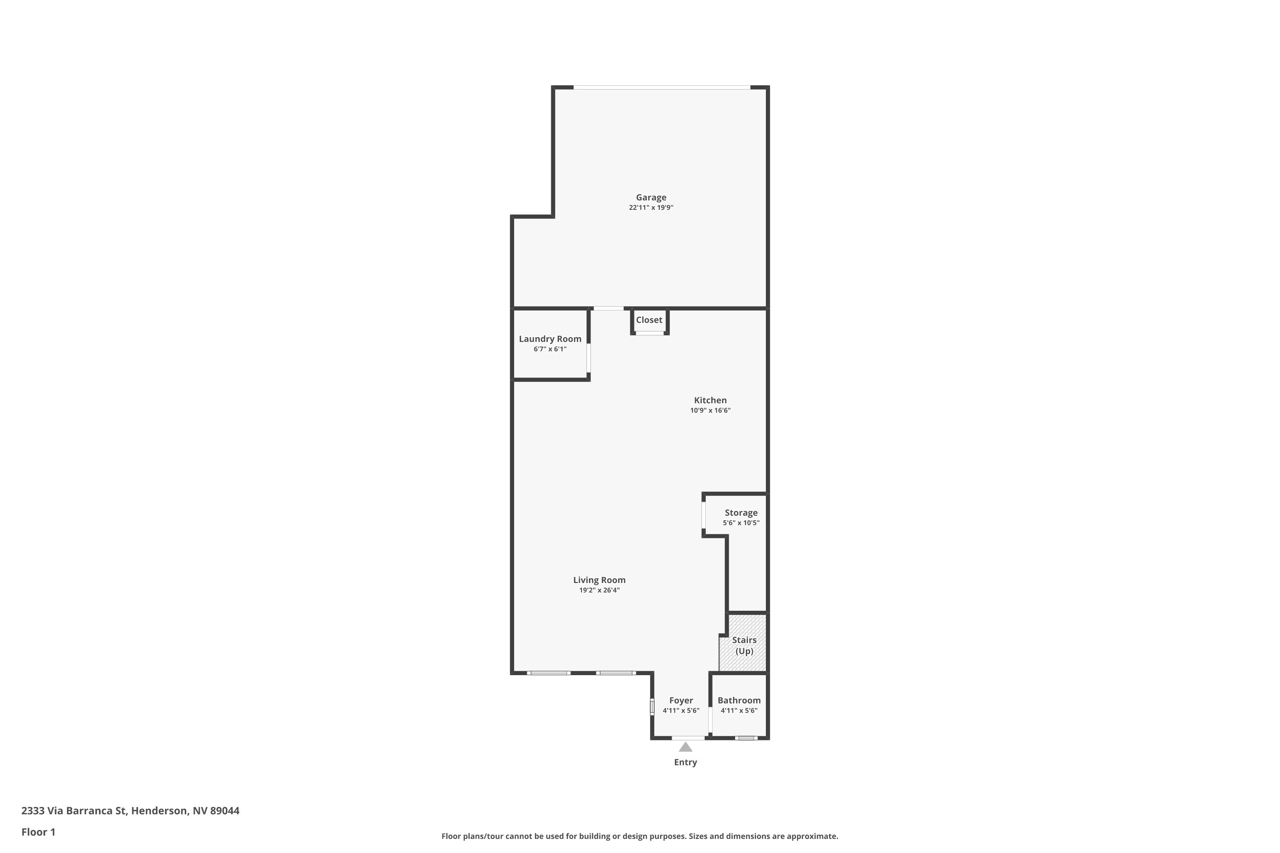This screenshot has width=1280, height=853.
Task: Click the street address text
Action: pyautogui.click(x=130, y=811)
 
